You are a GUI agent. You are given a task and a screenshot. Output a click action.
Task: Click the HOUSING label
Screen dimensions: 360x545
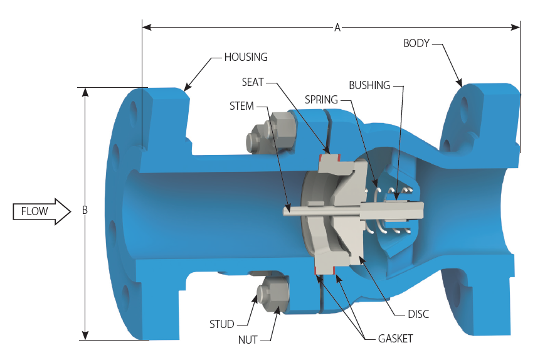(246, 57)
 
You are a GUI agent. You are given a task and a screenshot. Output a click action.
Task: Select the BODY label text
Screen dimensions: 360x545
(416, 43)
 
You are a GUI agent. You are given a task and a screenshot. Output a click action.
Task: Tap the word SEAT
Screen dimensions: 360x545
(253, 82)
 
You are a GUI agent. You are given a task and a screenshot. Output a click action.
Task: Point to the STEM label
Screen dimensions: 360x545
(241, 106)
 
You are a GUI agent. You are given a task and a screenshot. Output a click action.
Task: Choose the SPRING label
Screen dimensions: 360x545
(321, 100)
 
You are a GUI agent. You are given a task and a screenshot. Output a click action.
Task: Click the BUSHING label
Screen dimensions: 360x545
(369, 85)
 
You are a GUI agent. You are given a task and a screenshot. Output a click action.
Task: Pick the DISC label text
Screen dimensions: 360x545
(418, 314)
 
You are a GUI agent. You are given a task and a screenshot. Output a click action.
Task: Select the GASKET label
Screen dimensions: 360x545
(395, 339)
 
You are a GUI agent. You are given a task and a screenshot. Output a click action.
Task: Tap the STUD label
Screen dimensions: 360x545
(221, 324)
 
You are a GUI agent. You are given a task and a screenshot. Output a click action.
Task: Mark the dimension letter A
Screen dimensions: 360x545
(337, 27)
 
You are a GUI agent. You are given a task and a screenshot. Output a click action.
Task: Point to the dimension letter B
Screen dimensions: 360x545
(85, 211)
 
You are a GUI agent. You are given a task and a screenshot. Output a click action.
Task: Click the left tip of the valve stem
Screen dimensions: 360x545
(285, 211)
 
